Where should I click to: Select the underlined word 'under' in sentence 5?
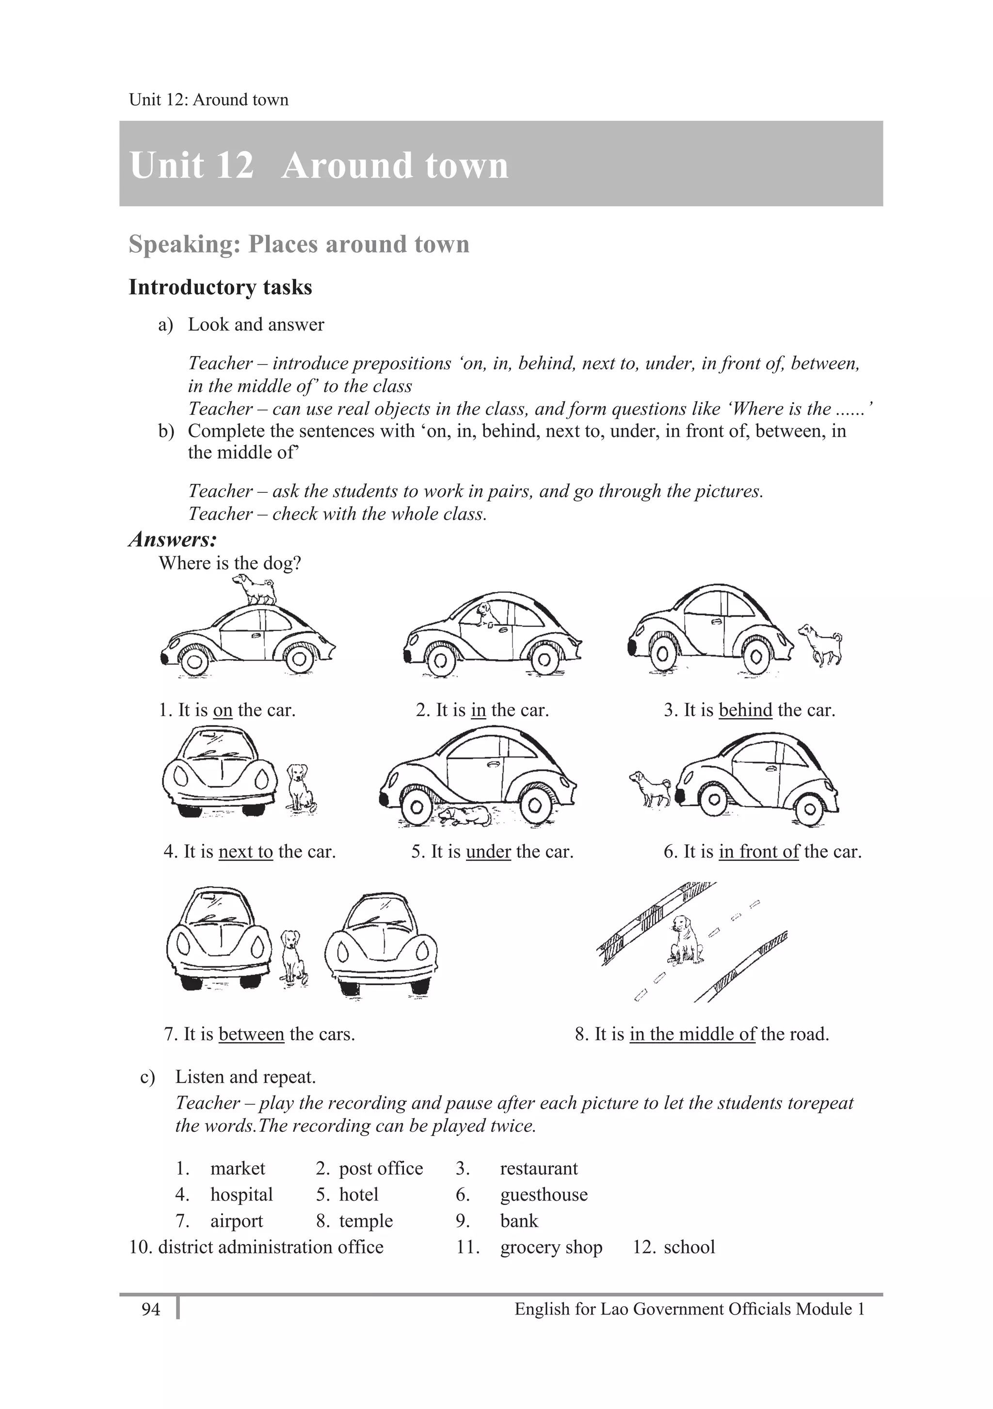(x=488, y=851)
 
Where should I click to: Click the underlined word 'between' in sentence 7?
(x=251, y=1034)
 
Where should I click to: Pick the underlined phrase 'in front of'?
(x=758, y=851)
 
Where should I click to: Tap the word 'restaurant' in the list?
(x=539, y=1168)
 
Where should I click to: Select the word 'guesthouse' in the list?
(x=544, y=1194)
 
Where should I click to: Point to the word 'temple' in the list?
(x=366, y=1221)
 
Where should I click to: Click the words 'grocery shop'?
(x=551, y=1247)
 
